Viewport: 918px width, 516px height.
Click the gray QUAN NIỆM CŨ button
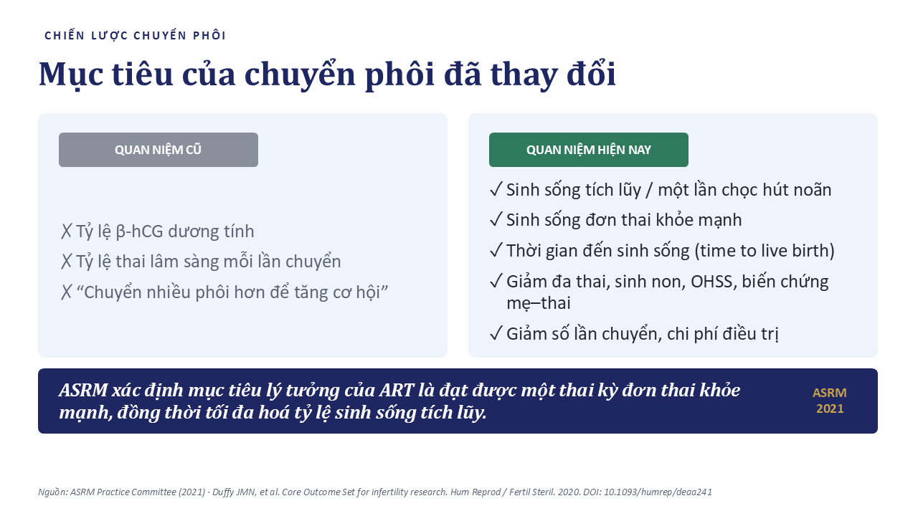(158, 150)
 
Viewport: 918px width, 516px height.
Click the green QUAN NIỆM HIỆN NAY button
(589, 150)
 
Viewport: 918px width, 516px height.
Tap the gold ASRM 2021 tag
(830, 401)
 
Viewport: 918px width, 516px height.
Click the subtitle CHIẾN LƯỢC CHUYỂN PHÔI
(136, 36)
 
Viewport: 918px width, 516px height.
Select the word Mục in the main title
(71, 74)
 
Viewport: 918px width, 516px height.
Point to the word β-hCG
(139, 231)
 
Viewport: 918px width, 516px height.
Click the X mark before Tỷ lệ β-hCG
(66, 231)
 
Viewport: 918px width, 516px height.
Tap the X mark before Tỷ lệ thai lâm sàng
(66, 262)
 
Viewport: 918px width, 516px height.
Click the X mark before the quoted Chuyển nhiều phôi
(66, 292)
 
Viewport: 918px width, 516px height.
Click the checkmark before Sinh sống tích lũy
(496, 189)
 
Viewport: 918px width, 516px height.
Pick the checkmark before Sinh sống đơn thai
(496, 219)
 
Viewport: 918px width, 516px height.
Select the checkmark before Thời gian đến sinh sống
(496, 250)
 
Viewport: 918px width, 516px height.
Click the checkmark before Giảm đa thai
(496, 281)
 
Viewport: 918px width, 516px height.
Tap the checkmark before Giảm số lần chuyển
(496, 333)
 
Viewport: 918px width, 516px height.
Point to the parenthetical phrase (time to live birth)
(765, 251)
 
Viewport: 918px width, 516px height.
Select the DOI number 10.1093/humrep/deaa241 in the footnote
(658, 492)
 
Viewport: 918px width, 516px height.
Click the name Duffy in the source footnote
(223, 492)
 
